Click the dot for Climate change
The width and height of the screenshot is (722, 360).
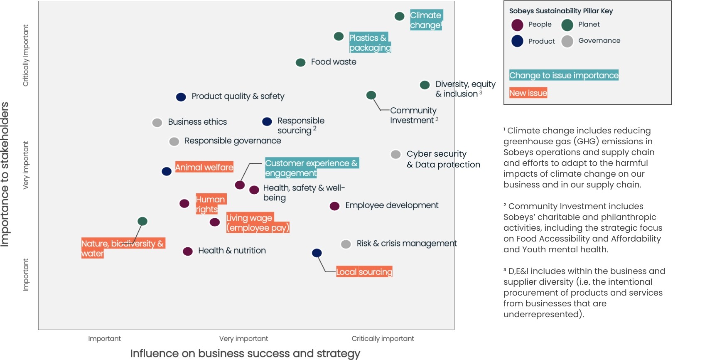tap(399, 16)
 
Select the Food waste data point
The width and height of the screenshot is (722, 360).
tap(300, 62)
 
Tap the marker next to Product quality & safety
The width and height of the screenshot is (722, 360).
tap(181, 97)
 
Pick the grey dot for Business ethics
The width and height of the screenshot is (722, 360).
tap(157, 122)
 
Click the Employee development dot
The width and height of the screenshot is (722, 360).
tap(334, 206)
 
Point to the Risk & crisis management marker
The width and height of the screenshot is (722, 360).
tap(346, 244)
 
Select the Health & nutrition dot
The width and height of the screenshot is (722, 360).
tap(188, 251)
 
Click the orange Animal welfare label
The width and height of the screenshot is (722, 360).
tap(204, 167)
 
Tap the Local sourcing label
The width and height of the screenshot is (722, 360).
tap(364, 272)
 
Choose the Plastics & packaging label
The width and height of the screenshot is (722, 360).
tap(370, 43)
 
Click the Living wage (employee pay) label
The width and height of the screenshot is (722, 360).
tap(257, 223)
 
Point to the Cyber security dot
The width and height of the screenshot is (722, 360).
tap(395, 155)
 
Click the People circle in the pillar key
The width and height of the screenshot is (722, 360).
tap(517, 25)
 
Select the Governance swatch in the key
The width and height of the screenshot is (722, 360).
tap(567, 41)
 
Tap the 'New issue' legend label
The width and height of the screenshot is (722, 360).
tap(528, 93)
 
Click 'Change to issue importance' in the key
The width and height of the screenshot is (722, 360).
tap(564, 75)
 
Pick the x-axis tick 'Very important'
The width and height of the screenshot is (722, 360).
tap(243, 338)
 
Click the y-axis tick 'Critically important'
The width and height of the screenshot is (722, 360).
tap(26, 55)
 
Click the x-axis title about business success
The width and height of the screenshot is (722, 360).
tap(245, 353)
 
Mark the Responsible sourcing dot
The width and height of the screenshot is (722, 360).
tap(267, 121)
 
